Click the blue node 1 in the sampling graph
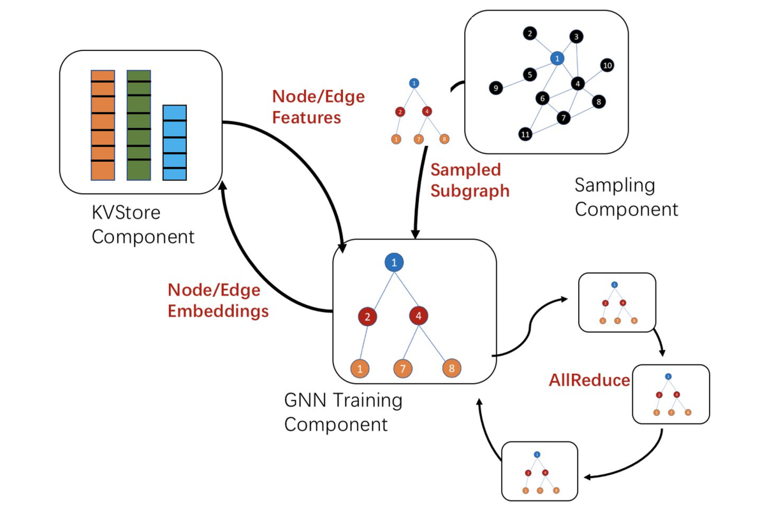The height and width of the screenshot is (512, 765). tap(558, 58)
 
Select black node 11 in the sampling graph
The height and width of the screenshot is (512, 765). tap(525, 134)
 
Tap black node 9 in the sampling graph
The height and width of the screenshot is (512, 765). tap(495, 88)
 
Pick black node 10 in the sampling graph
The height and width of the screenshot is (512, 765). tap(607, 65)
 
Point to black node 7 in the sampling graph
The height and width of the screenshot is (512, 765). tap(563, 118)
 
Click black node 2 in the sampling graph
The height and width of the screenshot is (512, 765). tap(528, 32)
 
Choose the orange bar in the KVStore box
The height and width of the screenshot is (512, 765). tap(103, 125)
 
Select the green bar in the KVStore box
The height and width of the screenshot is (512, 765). tap(138, 125)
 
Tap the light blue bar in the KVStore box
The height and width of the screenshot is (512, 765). tap(174, 143)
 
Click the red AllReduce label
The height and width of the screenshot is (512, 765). tap(589, 381)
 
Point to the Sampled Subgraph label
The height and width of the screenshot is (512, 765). tap(469, 180)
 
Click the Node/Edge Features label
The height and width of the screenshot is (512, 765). tap(318, 106)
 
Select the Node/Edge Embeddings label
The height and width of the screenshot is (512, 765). tap(217, 300)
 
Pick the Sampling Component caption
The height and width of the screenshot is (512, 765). tap(625, 197)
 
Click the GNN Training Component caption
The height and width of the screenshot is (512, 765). tap(343, 412)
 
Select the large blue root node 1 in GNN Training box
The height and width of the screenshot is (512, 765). tap(395, 262)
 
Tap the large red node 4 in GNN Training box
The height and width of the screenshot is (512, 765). tap(419, 316)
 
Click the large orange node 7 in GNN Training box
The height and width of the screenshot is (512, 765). tap(403, 368)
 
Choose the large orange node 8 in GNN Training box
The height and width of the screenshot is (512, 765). tap(451, 368)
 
